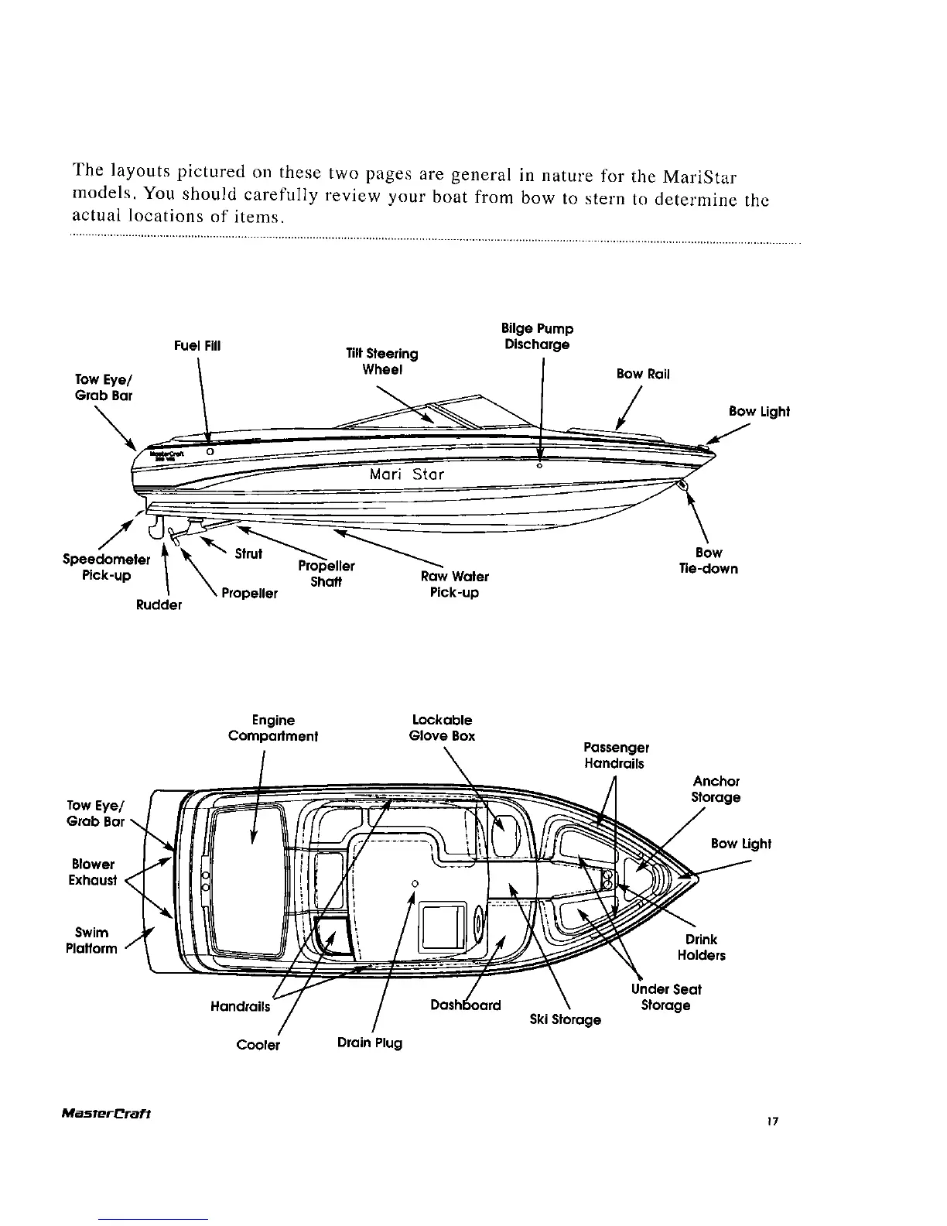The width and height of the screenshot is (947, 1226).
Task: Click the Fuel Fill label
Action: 197,345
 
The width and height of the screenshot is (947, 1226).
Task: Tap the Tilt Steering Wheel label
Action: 382,361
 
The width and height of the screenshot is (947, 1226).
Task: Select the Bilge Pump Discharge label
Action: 538,337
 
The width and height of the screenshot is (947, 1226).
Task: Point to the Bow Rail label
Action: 643,374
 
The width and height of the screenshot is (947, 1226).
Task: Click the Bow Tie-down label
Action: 708,561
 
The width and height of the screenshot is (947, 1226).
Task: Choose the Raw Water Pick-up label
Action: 454,584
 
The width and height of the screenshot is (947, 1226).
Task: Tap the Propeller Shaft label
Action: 326,574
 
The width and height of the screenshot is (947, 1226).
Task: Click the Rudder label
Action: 159,604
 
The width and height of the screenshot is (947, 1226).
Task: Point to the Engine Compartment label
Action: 273,728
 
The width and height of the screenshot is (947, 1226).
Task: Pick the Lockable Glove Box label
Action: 442,728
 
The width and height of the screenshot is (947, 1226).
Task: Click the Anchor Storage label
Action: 716,789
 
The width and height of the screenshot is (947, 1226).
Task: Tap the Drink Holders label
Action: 701,947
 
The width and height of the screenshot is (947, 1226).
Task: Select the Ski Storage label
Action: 565,1019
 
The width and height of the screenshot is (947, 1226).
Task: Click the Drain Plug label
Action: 370,1043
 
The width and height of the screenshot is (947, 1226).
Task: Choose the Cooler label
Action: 258,1045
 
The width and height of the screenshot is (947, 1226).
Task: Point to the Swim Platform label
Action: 92,940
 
